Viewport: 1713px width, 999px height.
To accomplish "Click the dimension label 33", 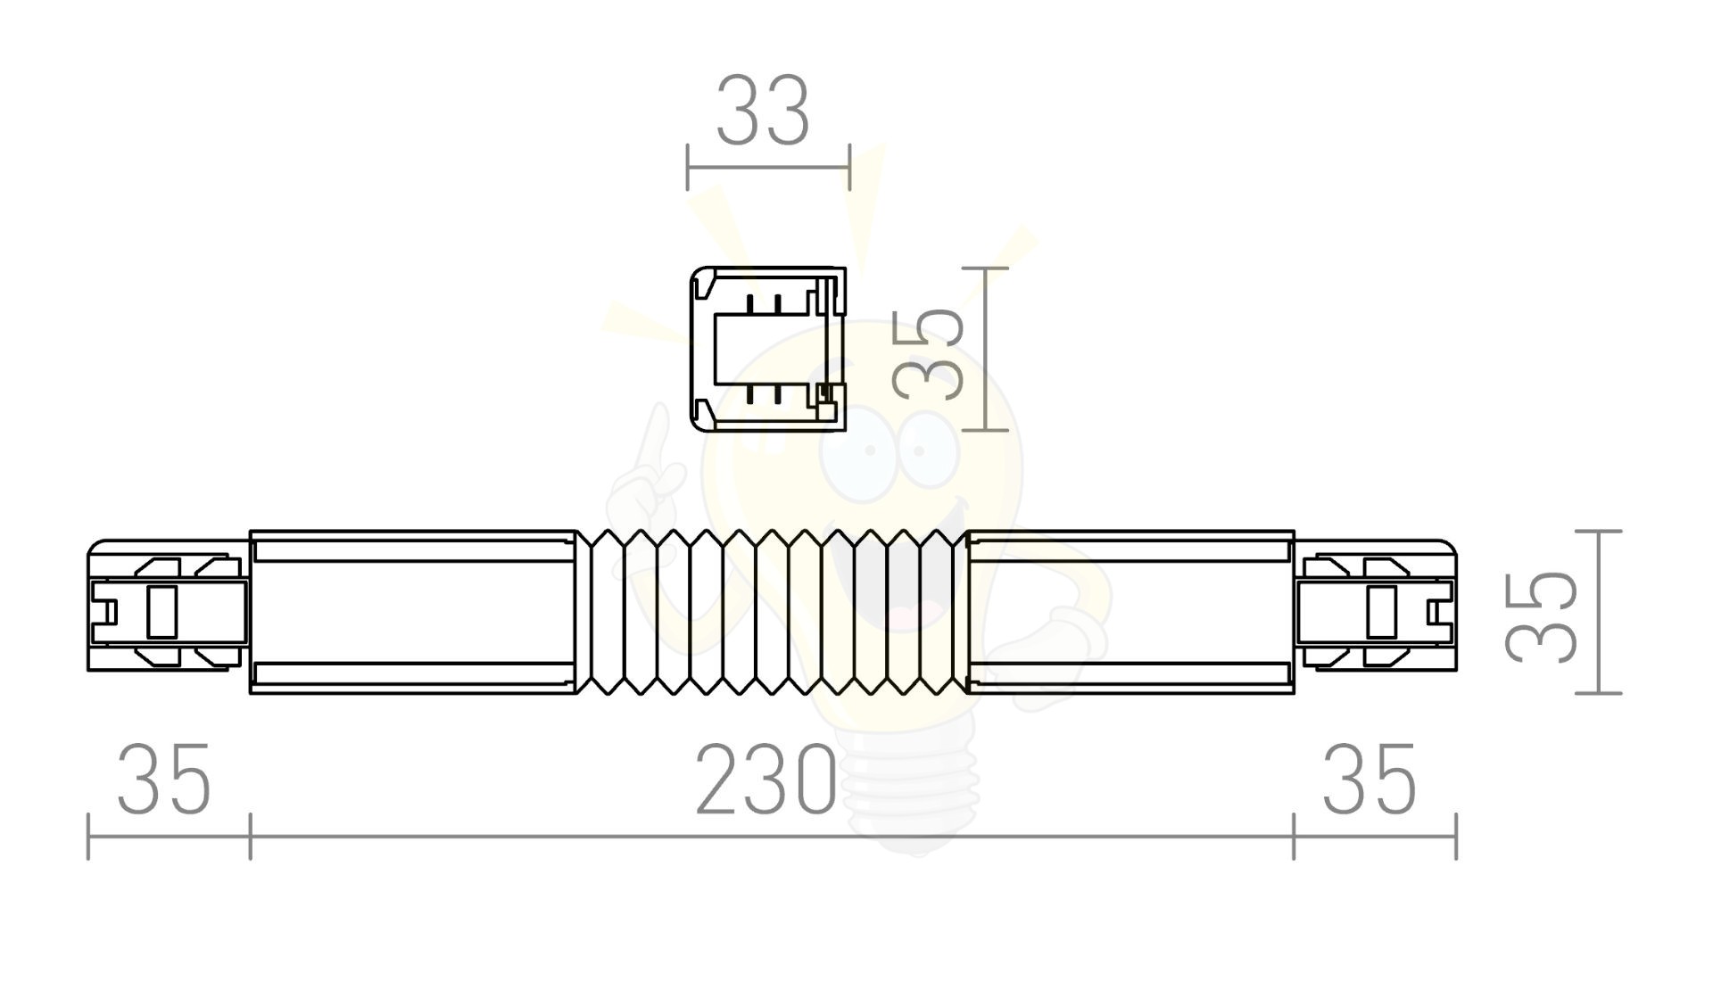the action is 763,111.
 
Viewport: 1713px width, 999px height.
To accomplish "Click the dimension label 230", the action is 766,781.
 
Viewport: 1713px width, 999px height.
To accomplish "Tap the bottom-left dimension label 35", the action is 164,780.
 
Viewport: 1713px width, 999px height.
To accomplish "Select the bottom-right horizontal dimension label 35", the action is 1369,780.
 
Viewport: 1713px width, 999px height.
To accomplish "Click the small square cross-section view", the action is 768,349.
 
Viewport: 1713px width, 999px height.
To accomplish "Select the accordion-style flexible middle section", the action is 771,612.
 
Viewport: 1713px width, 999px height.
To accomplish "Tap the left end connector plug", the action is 168,605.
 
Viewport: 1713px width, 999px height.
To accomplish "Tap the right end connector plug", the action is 1375,605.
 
